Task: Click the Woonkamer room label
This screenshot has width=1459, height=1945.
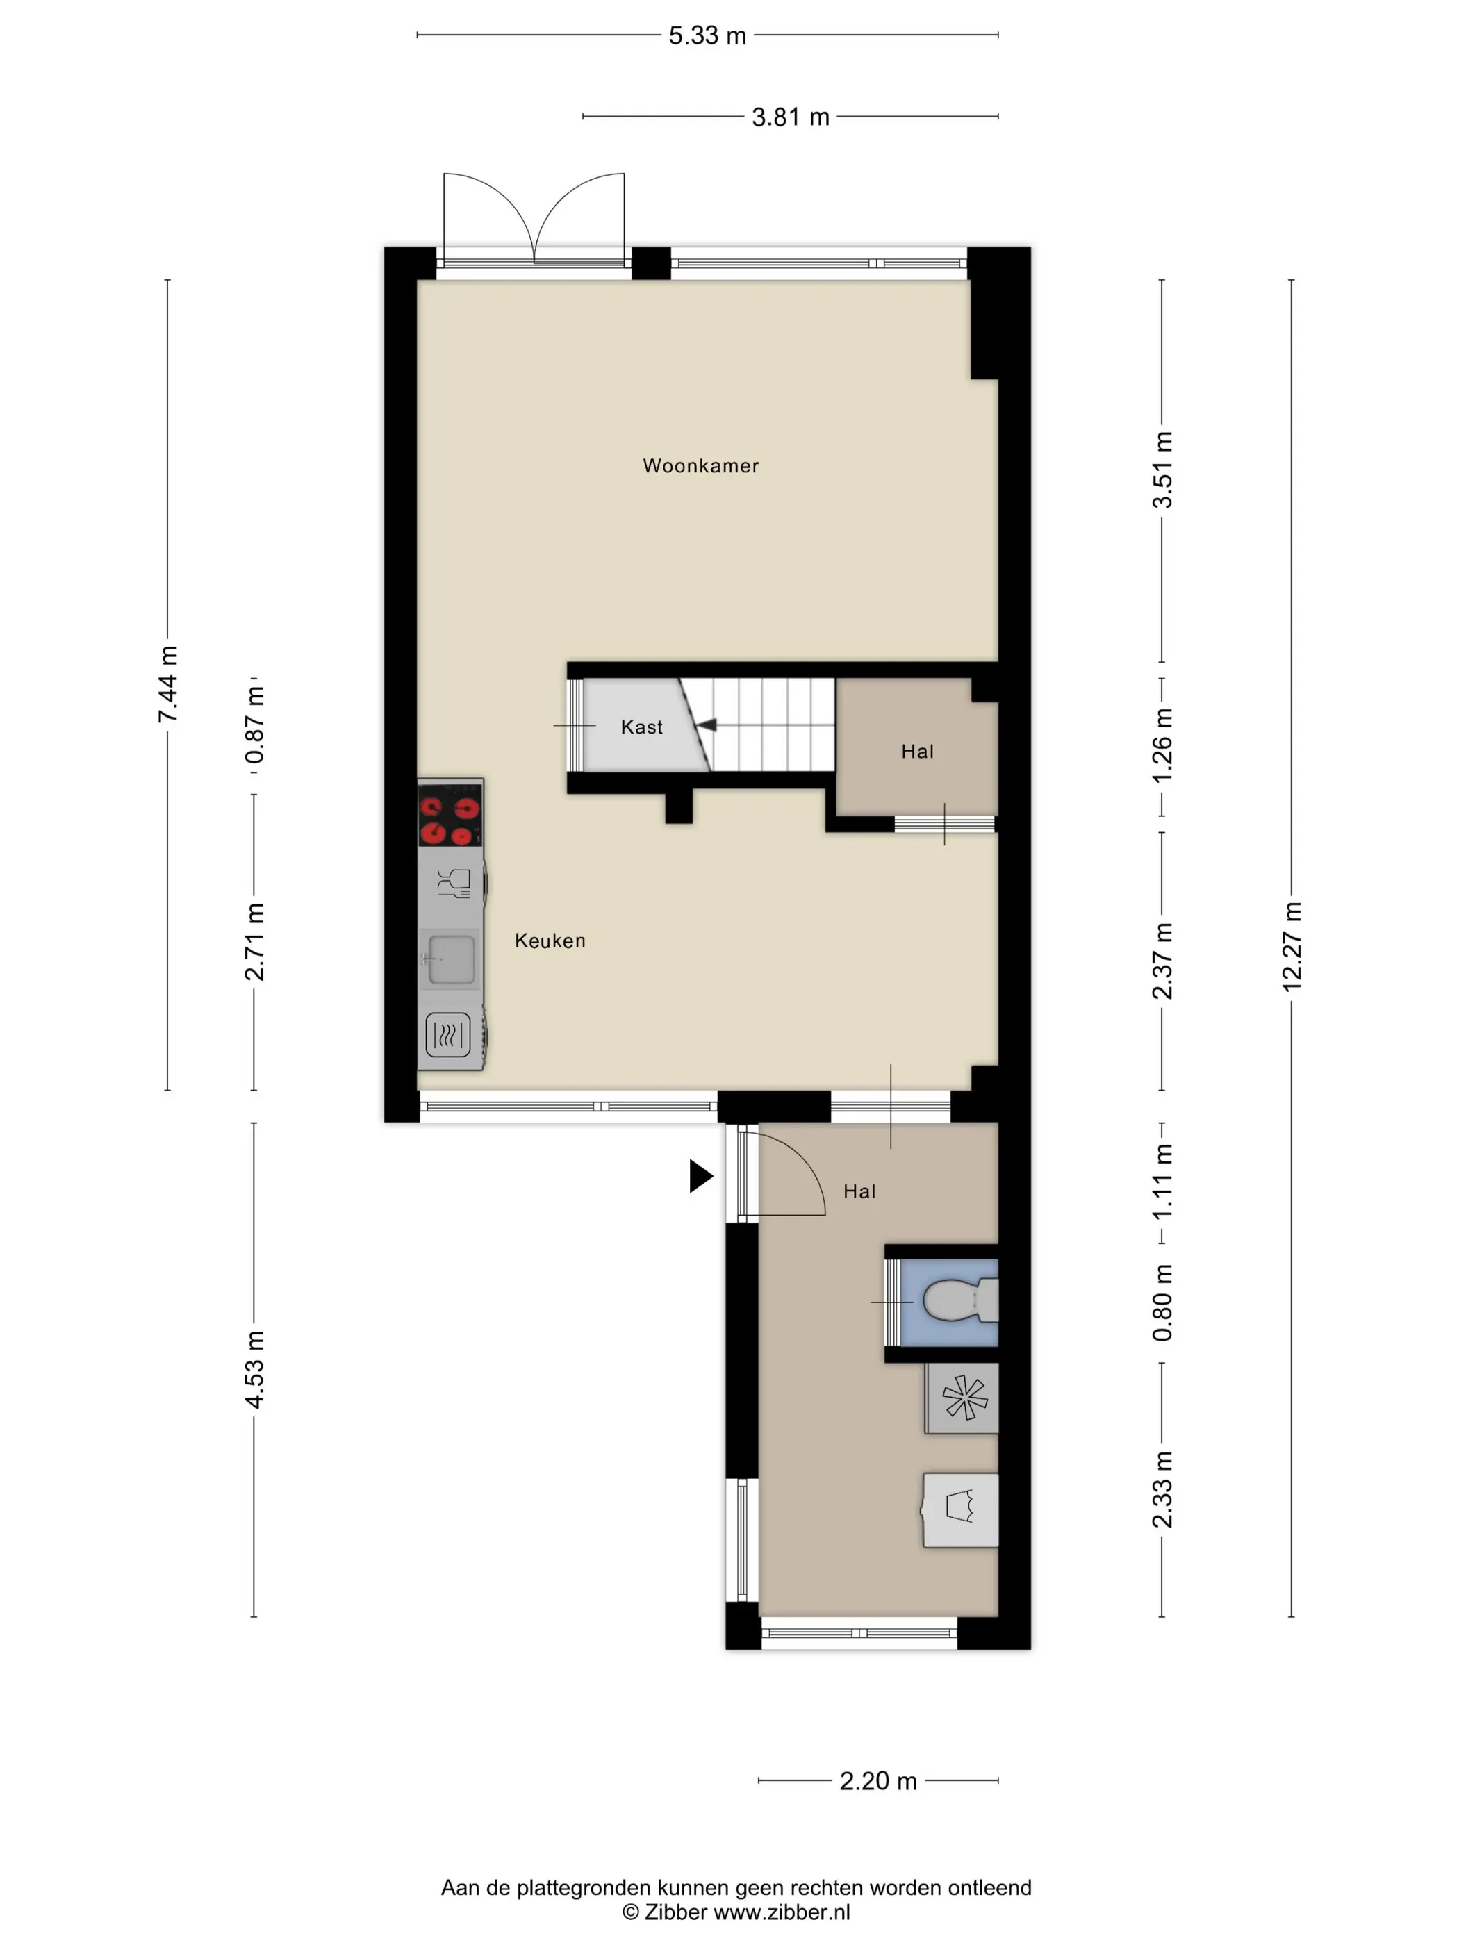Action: tap(700, 466)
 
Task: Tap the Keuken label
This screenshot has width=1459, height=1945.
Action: tap(550, 941)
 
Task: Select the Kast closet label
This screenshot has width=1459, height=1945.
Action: tap(641, 727)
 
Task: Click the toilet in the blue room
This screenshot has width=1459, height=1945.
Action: tap(959, 1300)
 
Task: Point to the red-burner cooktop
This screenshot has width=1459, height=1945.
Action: tap(450, 813)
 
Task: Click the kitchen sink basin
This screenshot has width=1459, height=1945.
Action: tap(450, 959)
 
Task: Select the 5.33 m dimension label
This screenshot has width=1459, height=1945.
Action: tap(707, 36)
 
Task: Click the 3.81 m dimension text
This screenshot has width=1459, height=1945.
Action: tap(791, 117)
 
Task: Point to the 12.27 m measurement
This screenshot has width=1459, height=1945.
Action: tap(1291, 947)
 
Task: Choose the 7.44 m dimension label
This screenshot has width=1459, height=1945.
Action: tap(167, 684)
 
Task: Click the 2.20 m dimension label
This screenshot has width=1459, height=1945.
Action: tap(877, 1780)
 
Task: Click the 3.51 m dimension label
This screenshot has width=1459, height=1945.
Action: tap(1162, 470)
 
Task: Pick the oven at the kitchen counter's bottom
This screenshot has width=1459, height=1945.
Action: tap(449, 1034)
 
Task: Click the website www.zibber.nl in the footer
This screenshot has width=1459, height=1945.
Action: tap(781, 1912)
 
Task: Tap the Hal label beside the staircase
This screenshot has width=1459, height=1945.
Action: tap(917, 752)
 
